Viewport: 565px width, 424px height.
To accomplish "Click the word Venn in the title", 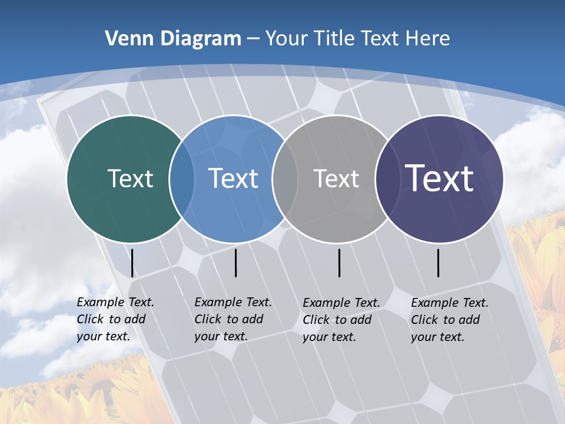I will click(x=127, y=38).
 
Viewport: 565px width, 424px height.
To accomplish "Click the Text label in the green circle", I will click(x=130, y=178).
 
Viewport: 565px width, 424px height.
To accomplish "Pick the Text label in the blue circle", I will click(x=233, y=178).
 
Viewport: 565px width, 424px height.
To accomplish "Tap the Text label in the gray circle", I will click(x=336, y=178).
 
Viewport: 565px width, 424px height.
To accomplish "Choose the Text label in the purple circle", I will click(x=439, y=178).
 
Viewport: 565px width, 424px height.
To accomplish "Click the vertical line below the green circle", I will click(x=132, y=263).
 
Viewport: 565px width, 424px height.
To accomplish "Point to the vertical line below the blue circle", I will click(x=235, y=263).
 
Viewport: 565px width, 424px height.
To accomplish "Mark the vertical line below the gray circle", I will click(x=339, y=263).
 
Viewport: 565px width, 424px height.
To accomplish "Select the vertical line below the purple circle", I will click(x=438, y=263).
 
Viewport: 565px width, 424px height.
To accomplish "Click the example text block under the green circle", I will click(x=115, y=319).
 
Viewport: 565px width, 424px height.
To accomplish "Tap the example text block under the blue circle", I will click(x=232, y=319).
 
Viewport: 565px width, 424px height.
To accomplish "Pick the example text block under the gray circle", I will click(x=341, y=320).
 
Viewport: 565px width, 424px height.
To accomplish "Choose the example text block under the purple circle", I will click(x=449, y=320).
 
